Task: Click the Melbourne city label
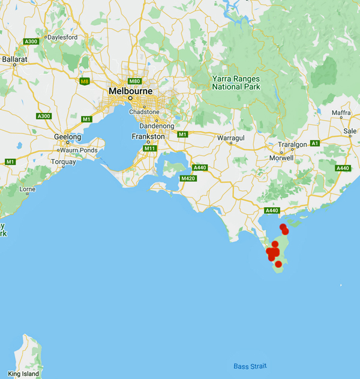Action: pyautogui.click(x=130, y=91)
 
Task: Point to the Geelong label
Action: pyautogui.click(x=67, y=137)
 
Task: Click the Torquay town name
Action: pyautogui.click(x=64, y=162)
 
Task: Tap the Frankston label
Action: pyautogui.click(x=148, y=137)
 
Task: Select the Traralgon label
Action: pyautogui.click(x=292, y=145)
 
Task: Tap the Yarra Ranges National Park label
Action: pyautogui.click(x=236, y=82)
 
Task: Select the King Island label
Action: pyautogui.click(x=23, y=374)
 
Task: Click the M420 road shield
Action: pyautogui.click(x=188, y=178)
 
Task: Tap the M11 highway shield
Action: pyautogui.click(x=150, y=148)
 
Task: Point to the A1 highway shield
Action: pyautogui.click(x=315, y=143)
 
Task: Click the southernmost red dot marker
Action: pyautogui.click(x=278, y=264)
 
